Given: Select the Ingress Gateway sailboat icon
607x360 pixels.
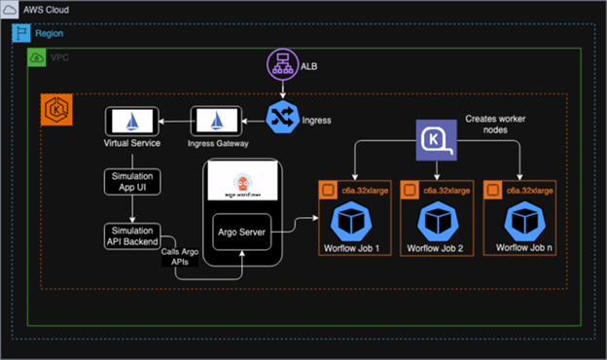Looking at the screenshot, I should pos(213,122).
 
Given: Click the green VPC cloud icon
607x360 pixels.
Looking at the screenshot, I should pos(36,57).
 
